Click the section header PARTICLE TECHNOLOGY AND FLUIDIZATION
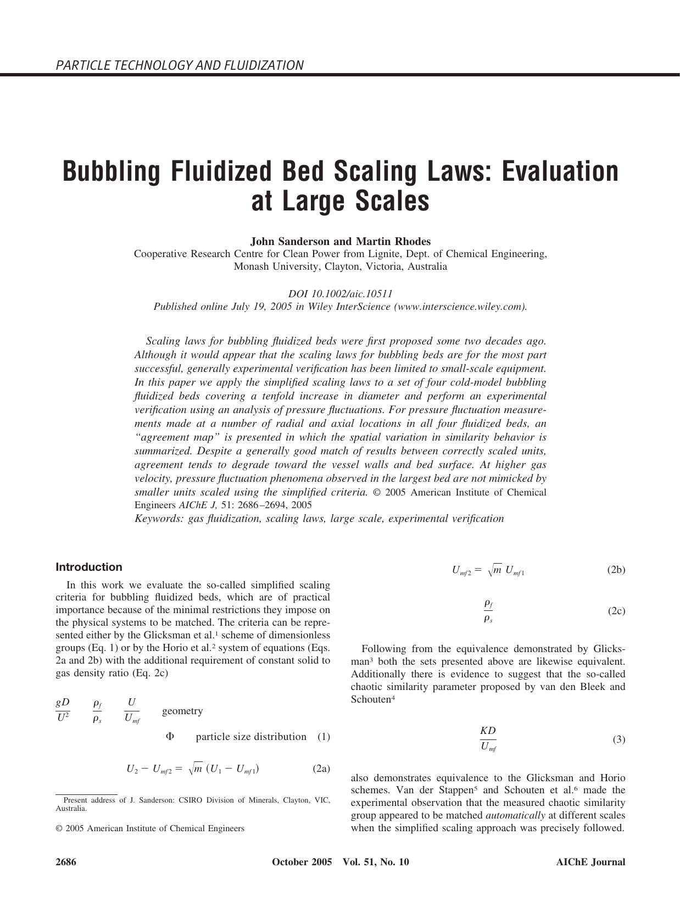(x=179, y=65)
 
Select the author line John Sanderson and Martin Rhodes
(x=340, y=241)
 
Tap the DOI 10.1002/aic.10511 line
(x=340, y=294)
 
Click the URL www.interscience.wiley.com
(x=460, y=307)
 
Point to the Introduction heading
(x=89, y=567)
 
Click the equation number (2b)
(x=616, y=570)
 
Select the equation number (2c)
(x=616, y=611)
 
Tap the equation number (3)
(x=618, y=739)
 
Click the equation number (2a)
(x=321, y=769)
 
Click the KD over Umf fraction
(x=488, y=738)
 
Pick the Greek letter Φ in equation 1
(x=170, y=736)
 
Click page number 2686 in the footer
(x=66, y=862)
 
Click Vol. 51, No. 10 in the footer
(x=376, y=862)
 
